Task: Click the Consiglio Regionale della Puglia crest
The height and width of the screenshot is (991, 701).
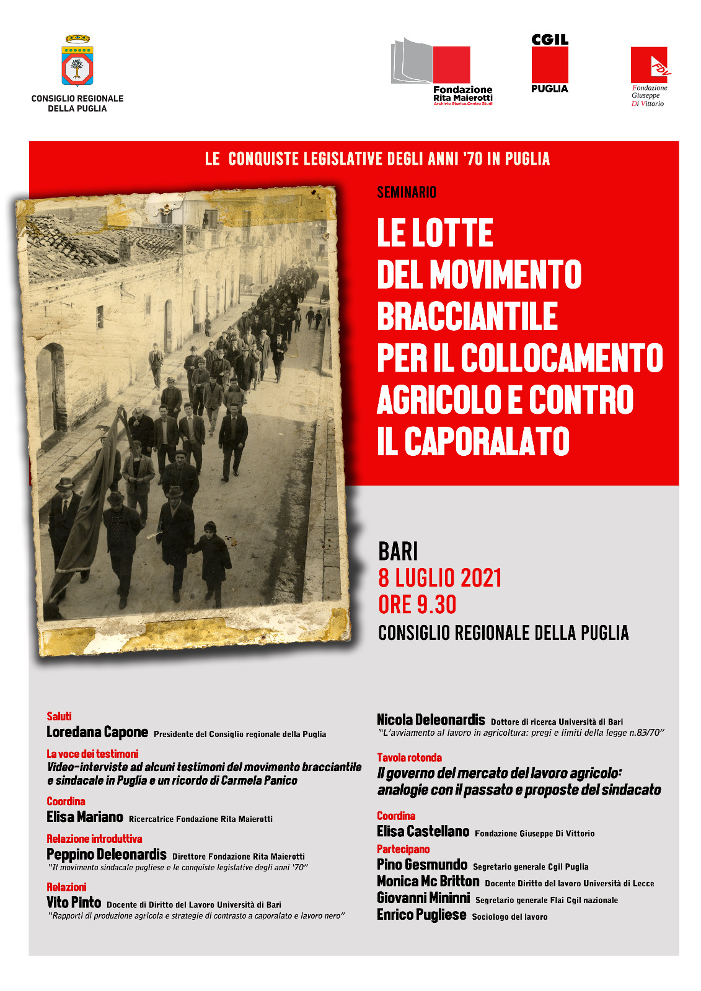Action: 77,61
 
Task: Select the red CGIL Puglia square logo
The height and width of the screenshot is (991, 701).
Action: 549,65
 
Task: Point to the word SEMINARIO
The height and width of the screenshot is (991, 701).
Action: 407,193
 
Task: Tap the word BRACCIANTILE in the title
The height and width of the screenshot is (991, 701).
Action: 467,317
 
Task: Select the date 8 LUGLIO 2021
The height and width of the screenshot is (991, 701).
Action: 439,578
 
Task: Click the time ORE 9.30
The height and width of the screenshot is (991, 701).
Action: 417,605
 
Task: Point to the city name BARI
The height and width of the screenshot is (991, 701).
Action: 398,551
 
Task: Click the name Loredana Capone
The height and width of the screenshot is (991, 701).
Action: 97,732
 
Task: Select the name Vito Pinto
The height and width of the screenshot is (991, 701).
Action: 74,902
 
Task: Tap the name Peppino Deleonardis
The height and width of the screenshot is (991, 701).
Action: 107,855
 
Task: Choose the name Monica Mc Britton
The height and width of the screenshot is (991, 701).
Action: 428,881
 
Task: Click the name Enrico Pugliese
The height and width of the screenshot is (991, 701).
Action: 421,915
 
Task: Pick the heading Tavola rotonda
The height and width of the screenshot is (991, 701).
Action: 409,757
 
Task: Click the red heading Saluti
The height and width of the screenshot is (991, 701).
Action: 60,717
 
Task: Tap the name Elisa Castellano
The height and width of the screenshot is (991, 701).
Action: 423,832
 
